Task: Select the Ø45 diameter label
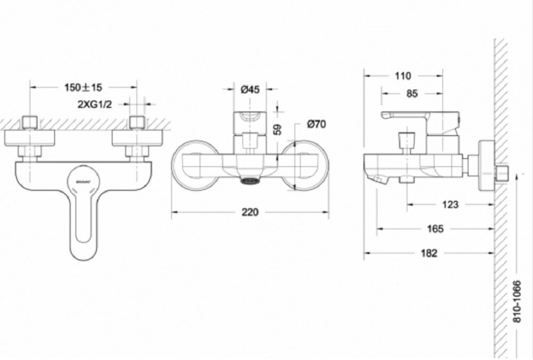click(250, 90)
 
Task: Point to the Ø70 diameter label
click(317, 125)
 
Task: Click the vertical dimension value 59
click(277, 129)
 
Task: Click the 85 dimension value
click(411, 94)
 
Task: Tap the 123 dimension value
click(450, 204)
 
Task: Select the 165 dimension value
click(435, 229)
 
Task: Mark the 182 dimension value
click(429, 253)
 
